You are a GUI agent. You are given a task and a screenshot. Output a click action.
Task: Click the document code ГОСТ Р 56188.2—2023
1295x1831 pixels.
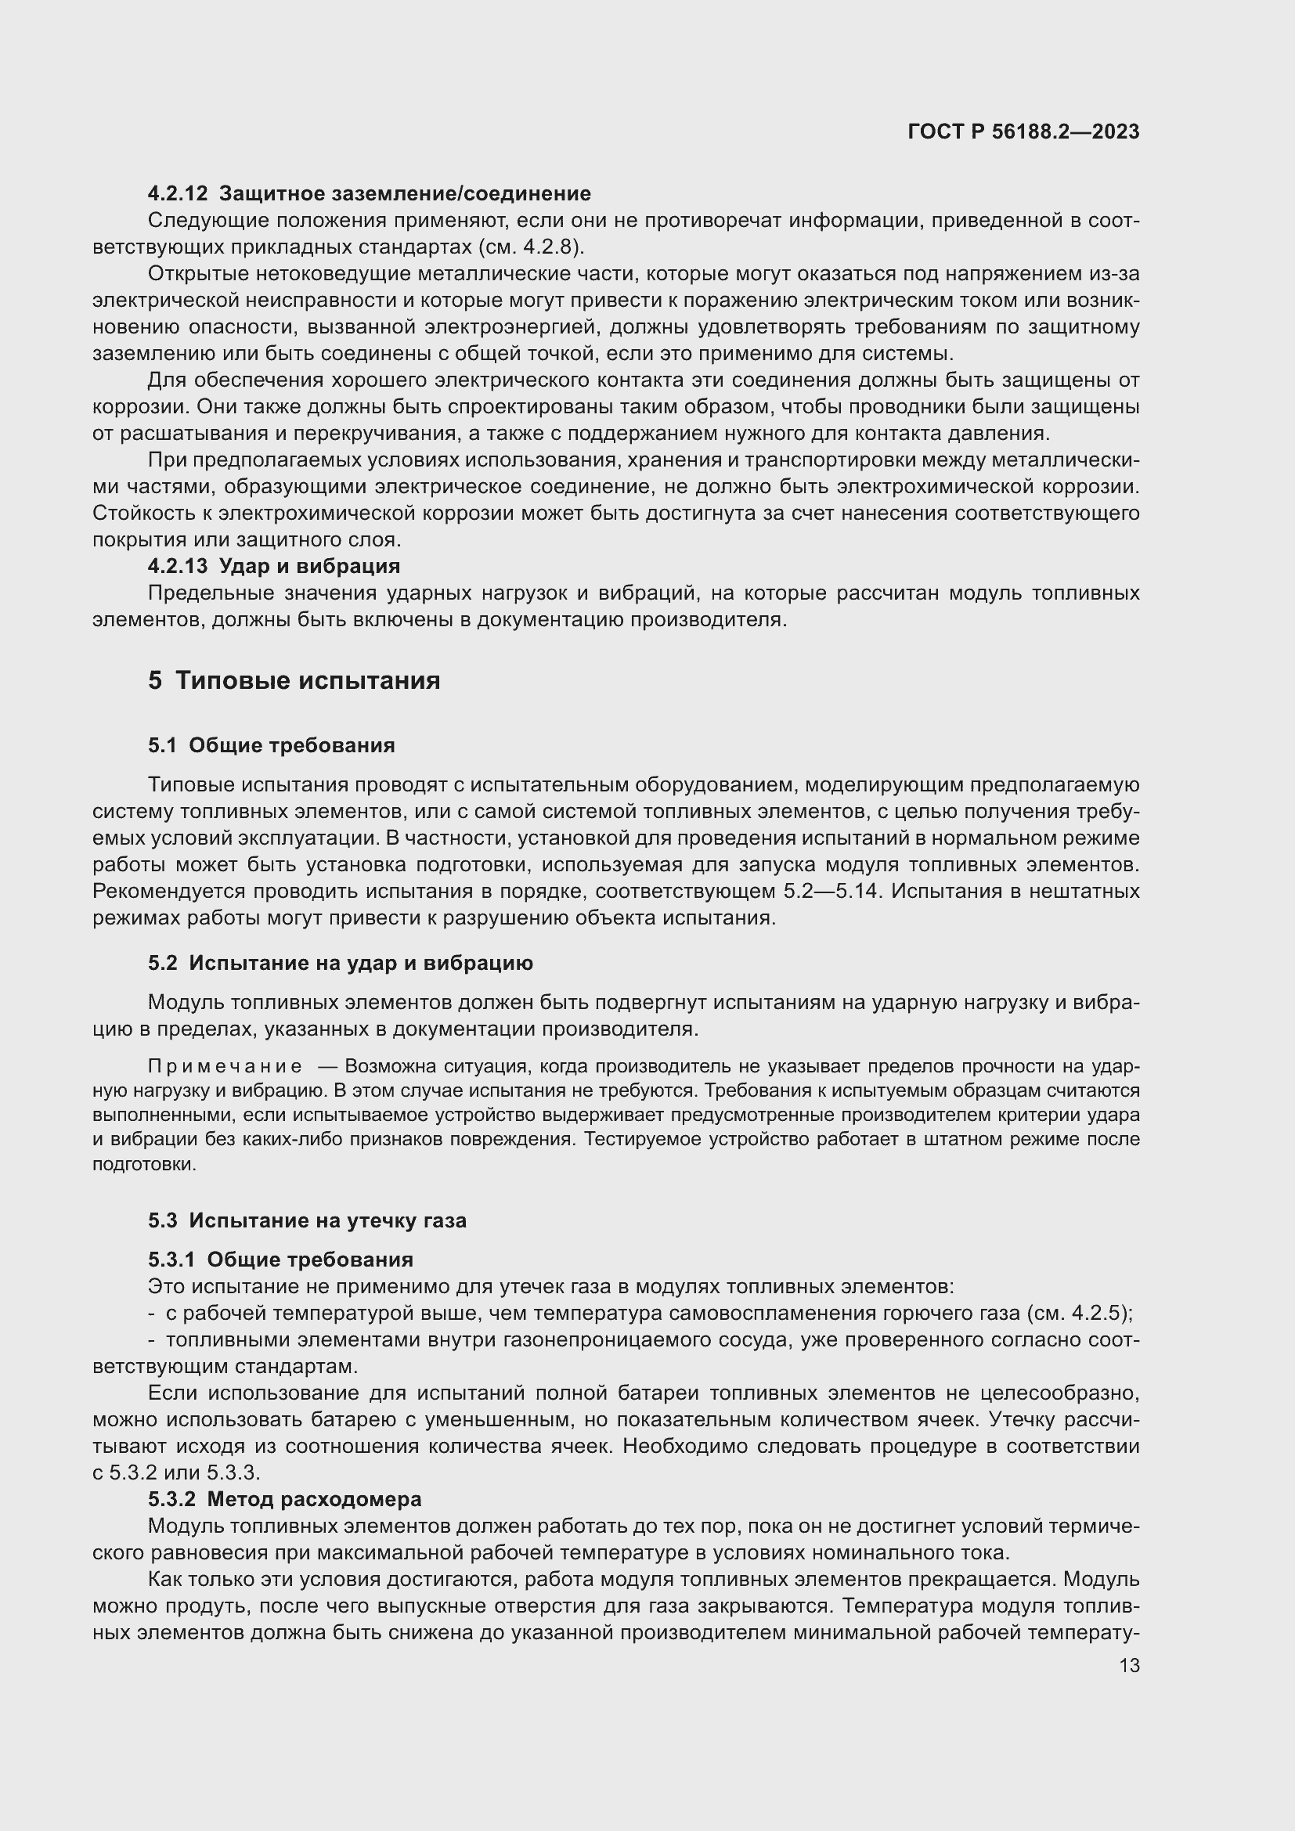(x=1023, y=132)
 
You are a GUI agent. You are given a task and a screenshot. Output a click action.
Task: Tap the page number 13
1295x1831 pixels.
(x=1129, y=1666)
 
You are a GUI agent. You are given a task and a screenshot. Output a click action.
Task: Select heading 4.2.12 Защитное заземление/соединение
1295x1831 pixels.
(x=370, y=193)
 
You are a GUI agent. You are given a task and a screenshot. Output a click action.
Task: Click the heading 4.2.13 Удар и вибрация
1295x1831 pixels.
(x=273, y=566)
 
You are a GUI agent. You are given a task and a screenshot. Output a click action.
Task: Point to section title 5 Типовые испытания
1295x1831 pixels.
(x=294, y=680)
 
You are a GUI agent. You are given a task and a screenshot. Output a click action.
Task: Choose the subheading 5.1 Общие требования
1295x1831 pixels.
(x=271, y=746)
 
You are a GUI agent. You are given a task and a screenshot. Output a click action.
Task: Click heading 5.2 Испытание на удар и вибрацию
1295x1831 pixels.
(x=341, y=963)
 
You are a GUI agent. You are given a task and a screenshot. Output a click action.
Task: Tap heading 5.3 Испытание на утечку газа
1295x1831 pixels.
(x=307, y=1220)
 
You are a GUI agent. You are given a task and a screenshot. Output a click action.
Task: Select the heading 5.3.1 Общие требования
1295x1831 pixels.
(x=281, y=1260)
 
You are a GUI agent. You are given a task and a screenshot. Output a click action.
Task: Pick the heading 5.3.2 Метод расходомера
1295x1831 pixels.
(x=285, y=1499)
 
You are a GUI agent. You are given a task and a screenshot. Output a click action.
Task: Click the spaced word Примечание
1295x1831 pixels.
(x=225, y=1067)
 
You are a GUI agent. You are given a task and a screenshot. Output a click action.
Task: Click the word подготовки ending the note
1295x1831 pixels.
(x=143, y=1164)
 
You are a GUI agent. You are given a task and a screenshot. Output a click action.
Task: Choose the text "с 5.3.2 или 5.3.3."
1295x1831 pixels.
(x=176, y=1472)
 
